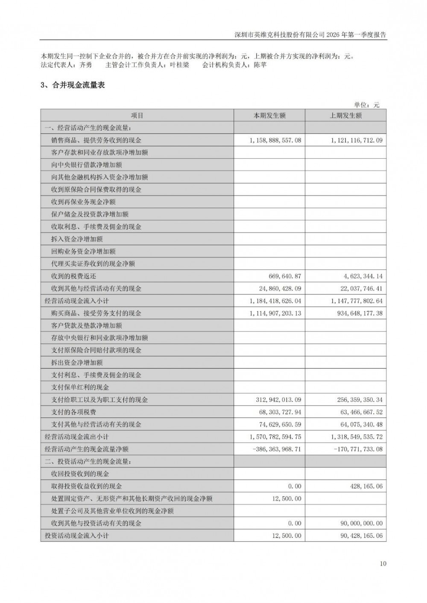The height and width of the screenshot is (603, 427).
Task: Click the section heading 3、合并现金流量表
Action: click(73, 85)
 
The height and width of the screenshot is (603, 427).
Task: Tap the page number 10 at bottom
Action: click(383, 564)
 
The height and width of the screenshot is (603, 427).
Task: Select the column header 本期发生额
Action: click(269, 116)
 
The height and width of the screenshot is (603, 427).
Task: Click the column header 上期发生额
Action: click(345, 116)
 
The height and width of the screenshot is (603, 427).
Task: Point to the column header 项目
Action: click(137, 116)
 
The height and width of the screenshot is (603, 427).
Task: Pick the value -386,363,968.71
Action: click(277, 449)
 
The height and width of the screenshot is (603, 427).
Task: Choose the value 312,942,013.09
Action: click(278, 400)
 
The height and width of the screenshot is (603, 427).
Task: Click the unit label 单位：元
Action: click(366, 105)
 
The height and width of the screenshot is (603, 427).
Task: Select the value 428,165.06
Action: click(365, 486)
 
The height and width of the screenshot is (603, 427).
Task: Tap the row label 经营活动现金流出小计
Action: click(77, 437)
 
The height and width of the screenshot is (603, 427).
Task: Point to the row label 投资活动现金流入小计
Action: click(77, 536)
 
